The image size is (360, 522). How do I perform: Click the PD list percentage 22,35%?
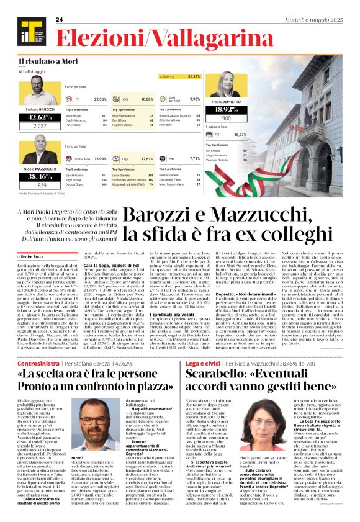(100, 99)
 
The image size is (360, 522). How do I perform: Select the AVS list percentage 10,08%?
(146, 99)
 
